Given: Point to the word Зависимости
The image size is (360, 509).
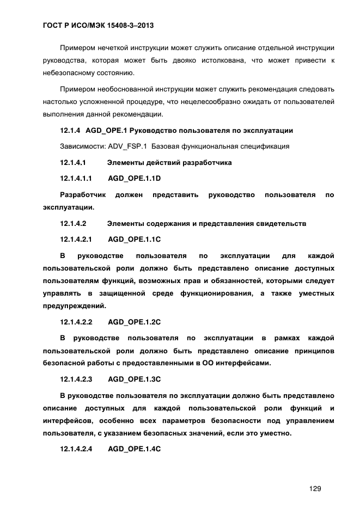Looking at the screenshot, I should pos(80,146).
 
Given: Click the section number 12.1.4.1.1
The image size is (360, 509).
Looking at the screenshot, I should pos(75,178).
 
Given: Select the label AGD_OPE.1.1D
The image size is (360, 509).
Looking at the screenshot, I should pos(135,178).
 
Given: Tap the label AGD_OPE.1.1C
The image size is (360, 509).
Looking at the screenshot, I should pos(135,239).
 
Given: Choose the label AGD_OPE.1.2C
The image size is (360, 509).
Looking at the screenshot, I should pos(135,321).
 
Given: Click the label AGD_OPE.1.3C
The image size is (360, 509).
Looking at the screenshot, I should pos(135,378).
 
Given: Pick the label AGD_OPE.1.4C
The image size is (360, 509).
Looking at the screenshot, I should pos(135,449).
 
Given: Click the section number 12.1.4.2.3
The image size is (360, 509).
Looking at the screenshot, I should pos(76,378).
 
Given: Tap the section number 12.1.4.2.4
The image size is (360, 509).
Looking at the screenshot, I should pos(76,449).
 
